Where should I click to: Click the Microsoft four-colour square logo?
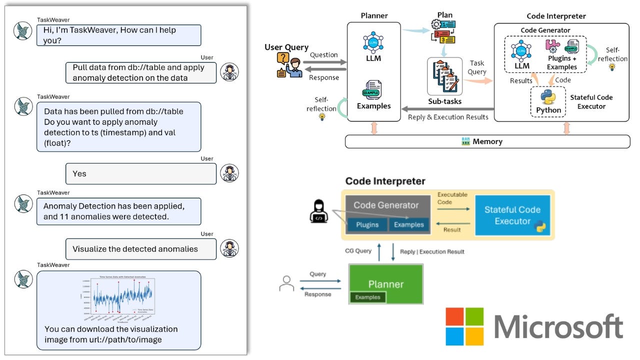pos(464,326)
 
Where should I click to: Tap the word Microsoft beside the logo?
pos(558,327)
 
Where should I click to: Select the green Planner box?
pos(385,284)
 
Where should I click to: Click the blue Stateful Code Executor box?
pos(512,215)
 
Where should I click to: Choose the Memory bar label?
pos(487,141)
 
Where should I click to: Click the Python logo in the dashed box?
pos(548,97)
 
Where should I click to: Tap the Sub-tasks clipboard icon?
pos(444,76)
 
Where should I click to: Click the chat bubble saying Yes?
pos(141,173)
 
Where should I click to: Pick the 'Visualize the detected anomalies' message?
pos(141,249)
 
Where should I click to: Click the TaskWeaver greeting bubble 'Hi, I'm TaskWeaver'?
pos(118,35)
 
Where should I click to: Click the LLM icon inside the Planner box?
pos(373,45)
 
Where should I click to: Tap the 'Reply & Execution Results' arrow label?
pos(448,117)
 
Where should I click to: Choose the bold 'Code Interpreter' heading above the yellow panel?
pos(385,181)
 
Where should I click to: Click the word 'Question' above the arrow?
pos(323,55)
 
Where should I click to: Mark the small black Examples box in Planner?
pos(367,297)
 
